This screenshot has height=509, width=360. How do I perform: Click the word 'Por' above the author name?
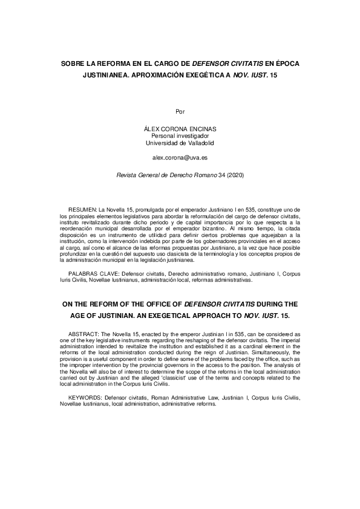(180, 111)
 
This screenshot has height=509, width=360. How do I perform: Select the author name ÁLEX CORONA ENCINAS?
(180, 129)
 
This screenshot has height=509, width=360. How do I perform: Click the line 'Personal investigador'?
(180, 136)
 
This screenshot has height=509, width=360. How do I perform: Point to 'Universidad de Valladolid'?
(180, 143)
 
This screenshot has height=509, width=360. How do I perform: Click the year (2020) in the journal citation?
(234, 175)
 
